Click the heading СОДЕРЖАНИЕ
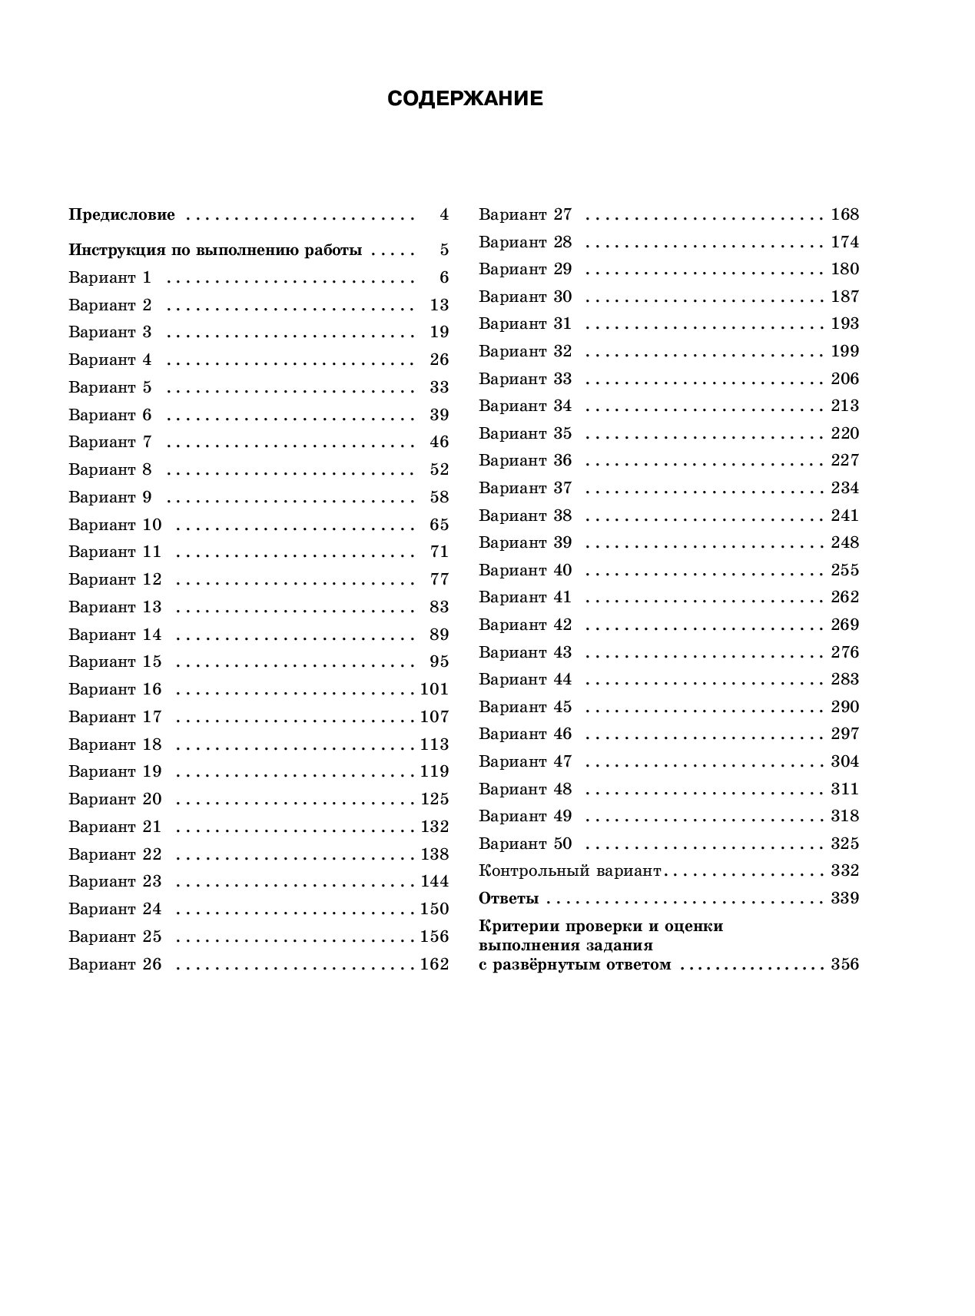click(465, 99)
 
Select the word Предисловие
click(122, 215)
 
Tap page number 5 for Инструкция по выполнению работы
click(444, 250)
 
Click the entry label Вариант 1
click(110, 277)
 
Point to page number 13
click(439, 305)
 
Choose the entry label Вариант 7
click(110, 442)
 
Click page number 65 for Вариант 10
click(439, 525)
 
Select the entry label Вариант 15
click(115, 661)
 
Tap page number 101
click(435, 689)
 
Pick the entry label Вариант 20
click(115, 799)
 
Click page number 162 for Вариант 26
click(435, 964)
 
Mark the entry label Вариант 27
click(526, 214)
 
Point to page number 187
click(845, 297)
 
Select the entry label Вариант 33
click(526, 379)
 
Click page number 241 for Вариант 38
click(845, 515)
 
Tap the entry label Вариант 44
click(526, 679)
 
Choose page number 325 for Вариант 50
click(845, 844)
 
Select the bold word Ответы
click(509, 898)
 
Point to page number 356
click(845, 965)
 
